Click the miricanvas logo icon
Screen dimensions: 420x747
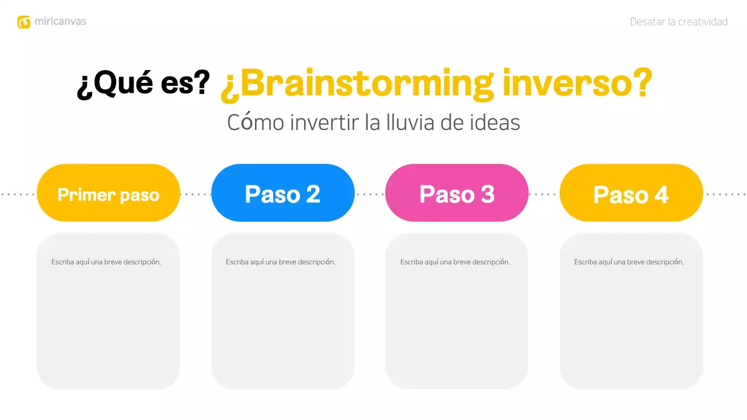[24, 22]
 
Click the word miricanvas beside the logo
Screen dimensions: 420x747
[60, 22]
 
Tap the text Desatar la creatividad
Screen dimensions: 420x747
[678, 22]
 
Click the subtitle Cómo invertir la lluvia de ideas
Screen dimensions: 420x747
[373, 123]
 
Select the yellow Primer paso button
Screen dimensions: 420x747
[109, 194]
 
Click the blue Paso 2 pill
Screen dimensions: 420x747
[282, 194]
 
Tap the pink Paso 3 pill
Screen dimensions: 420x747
[457, 194]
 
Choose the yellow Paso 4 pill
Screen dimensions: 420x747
[631, 194]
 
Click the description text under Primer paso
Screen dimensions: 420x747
[106, 262]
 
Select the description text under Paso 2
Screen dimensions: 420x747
[280, 262]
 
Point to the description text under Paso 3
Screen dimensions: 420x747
[455, 262]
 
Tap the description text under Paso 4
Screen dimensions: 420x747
[629, 262]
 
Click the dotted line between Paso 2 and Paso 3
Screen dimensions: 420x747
[370, 194]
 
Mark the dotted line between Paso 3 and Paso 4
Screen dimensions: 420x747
[544, 194]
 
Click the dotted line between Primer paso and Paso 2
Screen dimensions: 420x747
[196, 194]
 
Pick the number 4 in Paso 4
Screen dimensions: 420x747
[661, 194]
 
